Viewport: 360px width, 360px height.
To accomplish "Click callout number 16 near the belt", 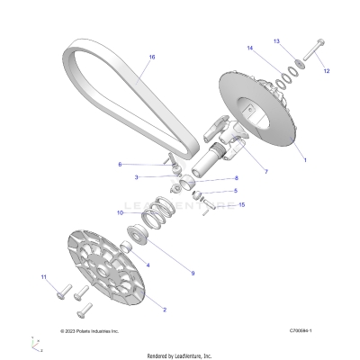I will (x=152, y=57).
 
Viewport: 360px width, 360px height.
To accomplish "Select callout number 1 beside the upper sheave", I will (x=304, y=159).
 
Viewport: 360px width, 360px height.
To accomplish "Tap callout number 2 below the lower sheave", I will (x=164, y=309).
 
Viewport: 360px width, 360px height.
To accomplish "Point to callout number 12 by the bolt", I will (x=326, y=70).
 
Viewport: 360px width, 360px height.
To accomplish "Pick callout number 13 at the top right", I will (x=301, y=40).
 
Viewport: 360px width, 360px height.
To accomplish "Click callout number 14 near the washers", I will (x=249, y=47).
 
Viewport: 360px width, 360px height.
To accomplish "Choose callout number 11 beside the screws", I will (x=42, y=278).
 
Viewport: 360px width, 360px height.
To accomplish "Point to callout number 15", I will (x=242, y=205).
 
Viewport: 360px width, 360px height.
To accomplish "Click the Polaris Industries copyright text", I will (x=88, y=330).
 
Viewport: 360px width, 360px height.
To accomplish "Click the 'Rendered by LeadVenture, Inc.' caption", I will (x=180, y=355).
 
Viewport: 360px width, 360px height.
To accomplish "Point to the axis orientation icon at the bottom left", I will (x=36, y=343).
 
